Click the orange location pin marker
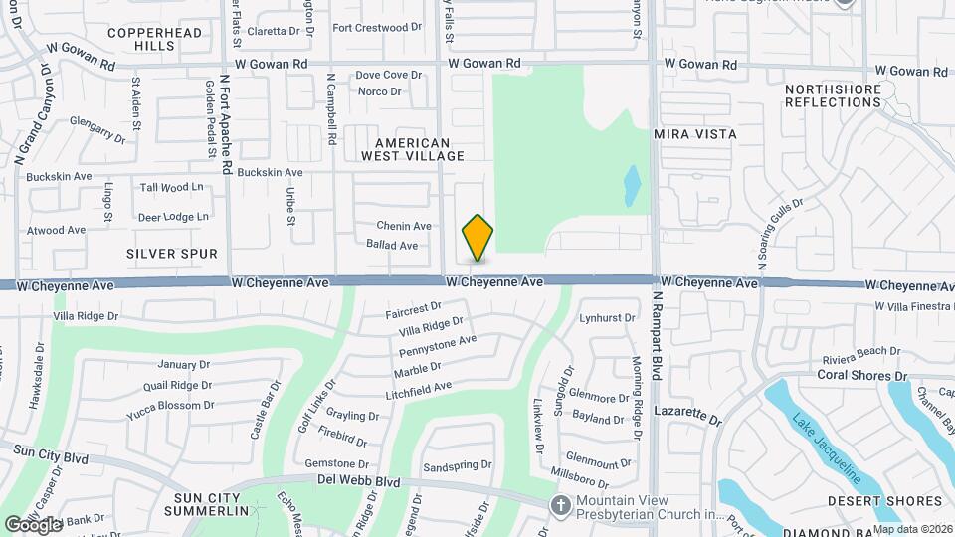478,238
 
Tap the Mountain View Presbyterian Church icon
560,506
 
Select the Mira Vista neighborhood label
695,133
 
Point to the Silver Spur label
172,254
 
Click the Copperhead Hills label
154,39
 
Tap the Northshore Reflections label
834,95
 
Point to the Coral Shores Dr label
861,375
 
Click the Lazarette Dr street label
687,415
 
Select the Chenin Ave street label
404,226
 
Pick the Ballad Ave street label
392,245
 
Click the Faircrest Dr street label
413,311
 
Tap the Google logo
34,523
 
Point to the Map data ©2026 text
913,529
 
